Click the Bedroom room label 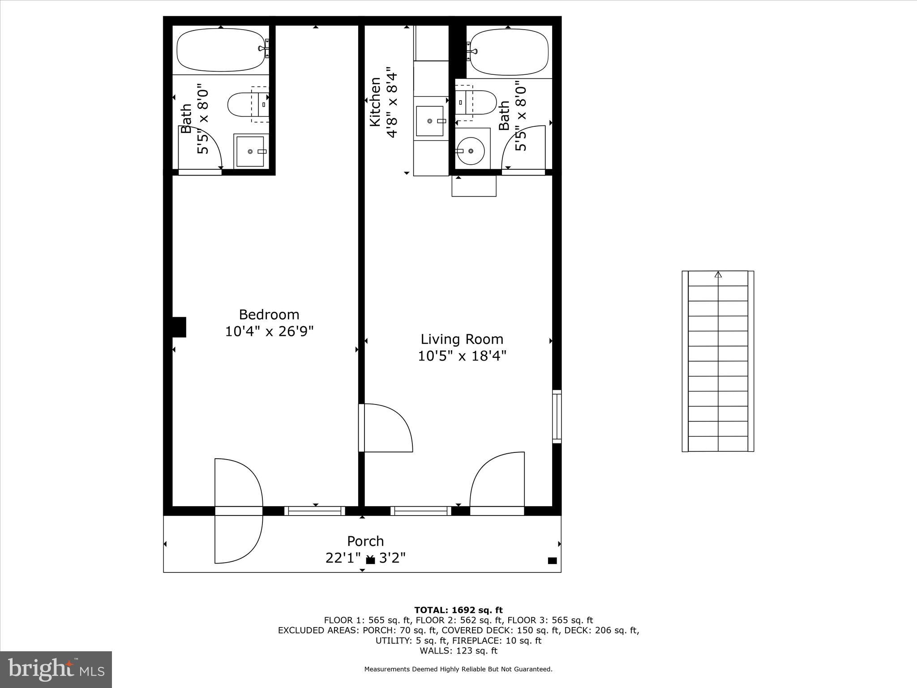point(269,314)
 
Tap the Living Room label point(462,339)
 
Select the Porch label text point(365,541)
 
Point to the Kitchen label point(375,102)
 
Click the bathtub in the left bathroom point(219,50)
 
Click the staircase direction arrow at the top point(718,275)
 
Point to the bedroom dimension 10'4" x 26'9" point(269,331)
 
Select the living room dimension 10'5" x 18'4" point(462,356)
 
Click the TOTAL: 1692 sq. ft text point(458,610)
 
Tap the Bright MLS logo point(56,669)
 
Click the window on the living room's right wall point(557,417)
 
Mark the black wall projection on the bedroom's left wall point(179,327)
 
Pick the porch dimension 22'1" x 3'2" point(365,558)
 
